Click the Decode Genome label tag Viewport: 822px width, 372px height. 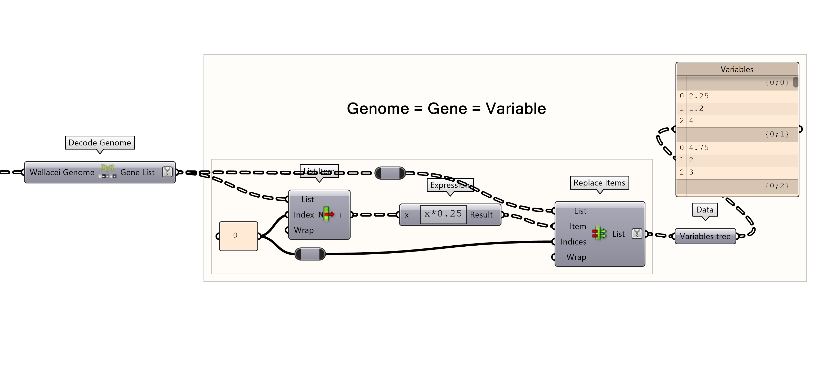(100, 143)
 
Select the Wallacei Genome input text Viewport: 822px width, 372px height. (62, 172)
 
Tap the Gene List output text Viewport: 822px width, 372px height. (137, 172)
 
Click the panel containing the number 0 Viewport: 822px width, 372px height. (238, 236)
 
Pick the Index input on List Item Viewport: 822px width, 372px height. (303, 215)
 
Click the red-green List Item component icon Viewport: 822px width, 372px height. (327, 214)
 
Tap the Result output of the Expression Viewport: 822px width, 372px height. (481, 215)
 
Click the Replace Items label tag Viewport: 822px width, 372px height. (599, 183)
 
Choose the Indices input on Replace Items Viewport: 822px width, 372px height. (573, 242)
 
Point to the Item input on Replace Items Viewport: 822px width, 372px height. (578, 226)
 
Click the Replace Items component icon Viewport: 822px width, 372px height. (599, 234)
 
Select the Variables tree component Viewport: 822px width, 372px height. (705, 236)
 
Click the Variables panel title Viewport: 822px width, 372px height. (737, 69)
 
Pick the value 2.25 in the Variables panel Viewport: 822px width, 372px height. (699, 96)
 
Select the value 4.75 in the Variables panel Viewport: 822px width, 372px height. (699, 147)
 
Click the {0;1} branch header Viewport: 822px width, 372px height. (777, 134)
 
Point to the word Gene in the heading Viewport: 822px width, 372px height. (447, 109)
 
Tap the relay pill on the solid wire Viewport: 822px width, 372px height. (310, 254)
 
